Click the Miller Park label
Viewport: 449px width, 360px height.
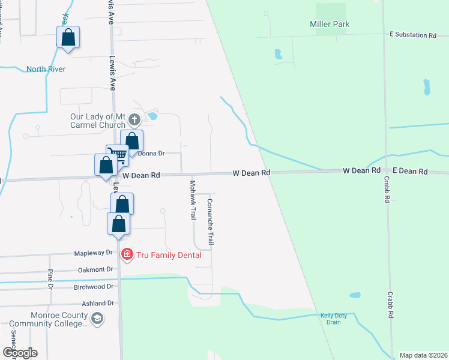tap(330, 25)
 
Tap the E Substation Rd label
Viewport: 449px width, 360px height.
tap(412, 35)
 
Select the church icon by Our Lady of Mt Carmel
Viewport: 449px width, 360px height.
tap(134, 119)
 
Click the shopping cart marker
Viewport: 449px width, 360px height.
tap(118, 155)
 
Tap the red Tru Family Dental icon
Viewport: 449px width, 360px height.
tap(127, 255)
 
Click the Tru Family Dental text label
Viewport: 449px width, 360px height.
tap(168, 255)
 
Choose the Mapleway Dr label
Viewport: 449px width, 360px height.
tap(93, 253)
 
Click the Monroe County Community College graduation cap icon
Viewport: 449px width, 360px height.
tap(97, 320)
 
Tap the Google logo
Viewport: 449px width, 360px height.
tap(20, 352)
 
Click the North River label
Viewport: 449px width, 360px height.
tap(46, 69)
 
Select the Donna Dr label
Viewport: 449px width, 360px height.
tap(151, 154)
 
